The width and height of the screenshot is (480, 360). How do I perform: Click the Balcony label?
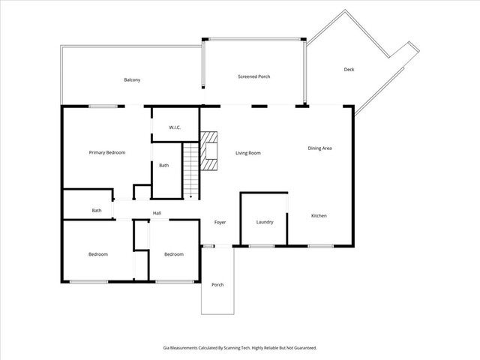coord(132,80)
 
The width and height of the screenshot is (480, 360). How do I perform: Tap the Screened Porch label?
coord(254,76)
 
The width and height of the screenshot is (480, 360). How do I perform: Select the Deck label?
coord(349,70)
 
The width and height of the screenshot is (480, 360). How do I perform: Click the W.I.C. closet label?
coord(175,127)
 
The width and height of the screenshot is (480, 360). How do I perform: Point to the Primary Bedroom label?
coord(107,152)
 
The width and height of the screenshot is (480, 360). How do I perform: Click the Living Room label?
coord(248,153)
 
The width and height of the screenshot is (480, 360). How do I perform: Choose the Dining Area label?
coord(319,148)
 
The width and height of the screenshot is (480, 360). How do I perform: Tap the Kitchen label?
coord(319,216)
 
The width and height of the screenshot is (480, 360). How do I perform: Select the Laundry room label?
coord(264,222)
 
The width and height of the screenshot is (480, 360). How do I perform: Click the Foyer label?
coord(220,222)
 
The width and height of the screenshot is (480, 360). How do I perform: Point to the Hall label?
coord(157,213)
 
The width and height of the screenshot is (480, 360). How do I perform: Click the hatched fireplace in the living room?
coord(208,153)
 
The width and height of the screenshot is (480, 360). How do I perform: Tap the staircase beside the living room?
coord(192,171)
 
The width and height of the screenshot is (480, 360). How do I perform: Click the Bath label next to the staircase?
coord(163,165)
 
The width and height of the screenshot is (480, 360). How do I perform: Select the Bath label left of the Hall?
coord(97,211)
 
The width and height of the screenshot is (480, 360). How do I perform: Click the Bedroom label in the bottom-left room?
coord(98,254)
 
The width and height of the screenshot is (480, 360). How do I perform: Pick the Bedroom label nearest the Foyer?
coord(174,254)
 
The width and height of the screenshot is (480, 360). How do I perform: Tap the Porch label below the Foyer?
coord(217,284)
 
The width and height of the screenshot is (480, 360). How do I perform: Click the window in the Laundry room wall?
coord(261,246)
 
